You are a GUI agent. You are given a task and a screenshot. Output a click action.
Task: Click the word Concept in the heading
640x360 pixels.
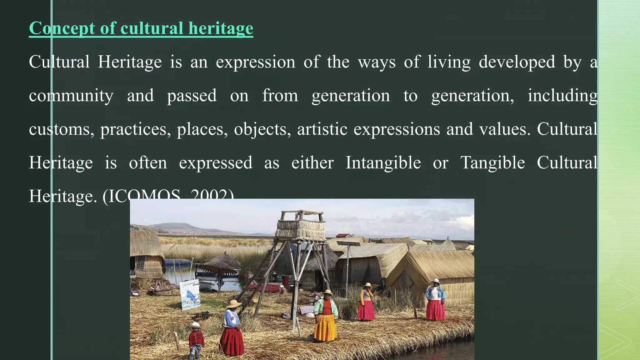(62, 28)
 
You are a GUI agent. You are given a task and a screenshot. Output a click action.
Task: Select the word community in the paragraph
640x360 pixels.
(71, 96)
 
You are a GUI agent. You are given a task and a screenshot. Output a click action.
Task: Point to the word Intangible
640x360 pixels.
(383, 163)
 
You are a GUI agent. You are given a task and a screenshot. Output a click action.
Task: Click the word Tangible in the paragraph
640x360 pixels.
(492, 163)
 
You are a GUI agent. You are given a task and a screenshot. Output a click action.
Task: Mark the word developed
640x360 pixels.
(517, 62)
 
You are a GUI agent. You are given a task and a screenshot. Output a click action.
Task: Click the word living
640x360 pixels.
(449, 62)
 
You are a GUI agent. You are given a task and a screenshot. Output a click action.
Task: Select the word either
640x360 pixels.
(312, 163)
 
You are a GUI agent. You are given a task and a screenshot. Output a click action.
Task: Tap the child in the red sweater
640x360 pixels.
(196, 341)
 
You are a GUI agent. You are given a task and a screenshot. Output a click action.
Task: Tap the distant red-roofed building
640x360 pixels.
(343, 235)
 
